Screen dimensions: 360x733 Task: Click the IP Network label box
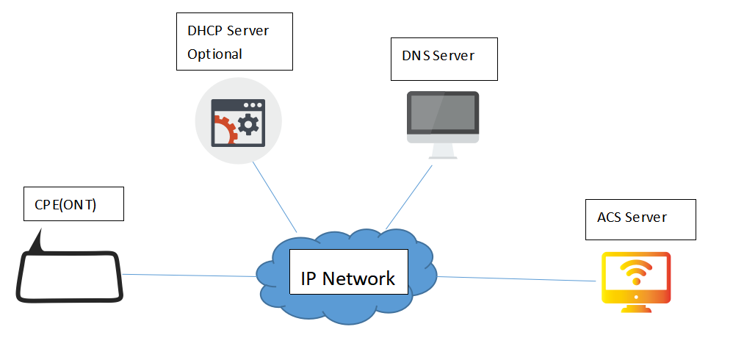pyautogui.click(x=348, y=271)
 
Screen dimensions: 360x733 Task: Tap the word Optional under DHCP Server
pyautogui.click(x=214, y=54)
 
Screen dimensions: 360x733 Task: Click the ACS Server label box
pyautogui.click(x=640, y=218)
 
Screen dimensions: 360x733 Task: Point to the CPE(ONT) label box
pyautogui.click(x=72, y=204)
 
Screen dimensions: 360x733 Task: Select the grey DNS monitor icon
pyautogui.click(x=443, y=118)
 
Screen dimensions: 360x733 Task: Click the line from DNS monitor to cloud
pyautogui.click(x=408, y=195)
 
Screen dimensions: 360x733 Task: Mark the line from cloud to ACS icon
pyautogui.click(x=514, y=278)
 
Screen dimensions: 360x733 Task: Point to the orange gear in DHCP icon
pyautogui.click(x=223, y=130)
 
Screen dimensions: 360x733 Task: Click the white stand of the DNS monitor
pyautogui.click(x=443, y=151)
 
